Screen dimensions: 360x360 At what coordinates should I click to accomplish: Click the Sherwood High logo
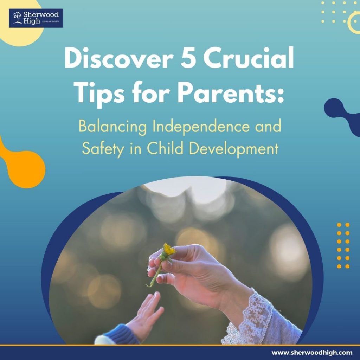point(36,18)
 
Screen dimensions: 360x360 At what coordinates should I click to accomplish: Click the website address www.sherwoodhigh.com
point(312,352)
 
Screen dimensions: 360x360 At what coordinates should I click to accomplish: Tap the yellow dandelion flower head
point(169,250)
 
